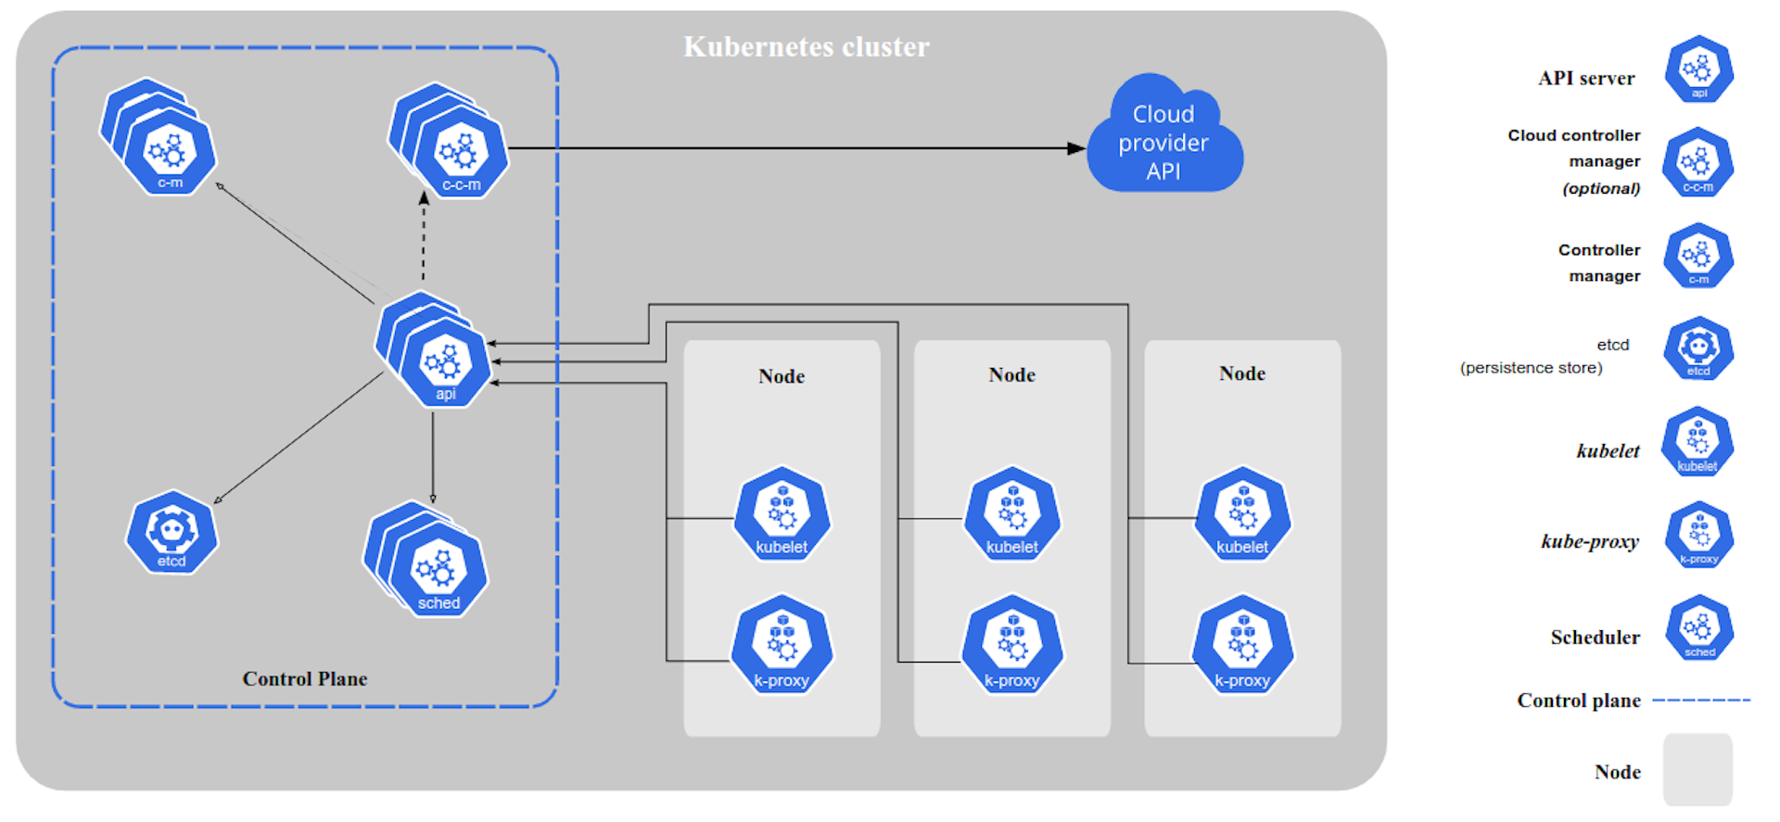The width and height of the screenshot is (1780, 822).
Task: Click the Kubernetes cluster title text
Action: pos(806,46)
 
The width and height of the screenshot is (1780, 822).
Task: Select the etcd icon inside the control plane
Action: pos(172,533)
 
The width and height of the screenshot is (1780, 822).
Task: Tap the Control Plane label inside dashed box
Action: pos(304,679)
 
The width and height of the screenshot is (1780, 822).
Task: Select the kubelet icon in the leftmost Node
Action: pos(782,515)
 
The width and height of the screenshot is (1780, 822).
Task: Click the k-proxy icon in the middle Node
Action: pos(1011,647)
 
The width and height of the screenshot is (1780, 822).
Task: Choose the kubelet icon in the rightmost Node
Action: pos(1242,515)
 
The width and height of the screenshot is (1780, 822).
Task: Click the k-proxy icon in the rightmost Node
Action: pos(1242,647)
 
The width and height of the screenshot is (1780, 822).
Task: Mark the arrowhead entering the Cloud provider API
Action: pos(1075,148)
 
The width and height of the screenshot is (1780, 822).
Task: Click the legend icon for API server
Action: pos(1698,70)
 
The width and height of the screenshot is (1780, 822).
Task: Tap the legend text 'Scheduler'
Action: pos(1595,638)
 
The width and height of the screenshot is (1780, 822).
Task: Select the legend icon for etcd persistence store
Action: pos(1697,349)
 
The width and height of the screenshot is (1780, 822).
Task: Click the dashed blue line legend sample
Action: pos(1701,701)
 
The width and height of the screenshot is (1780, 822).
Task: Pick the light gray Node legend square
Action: pos(1697,769)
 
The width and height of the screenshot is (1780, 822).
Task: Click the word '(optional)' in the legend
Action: pos(1601,189)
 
